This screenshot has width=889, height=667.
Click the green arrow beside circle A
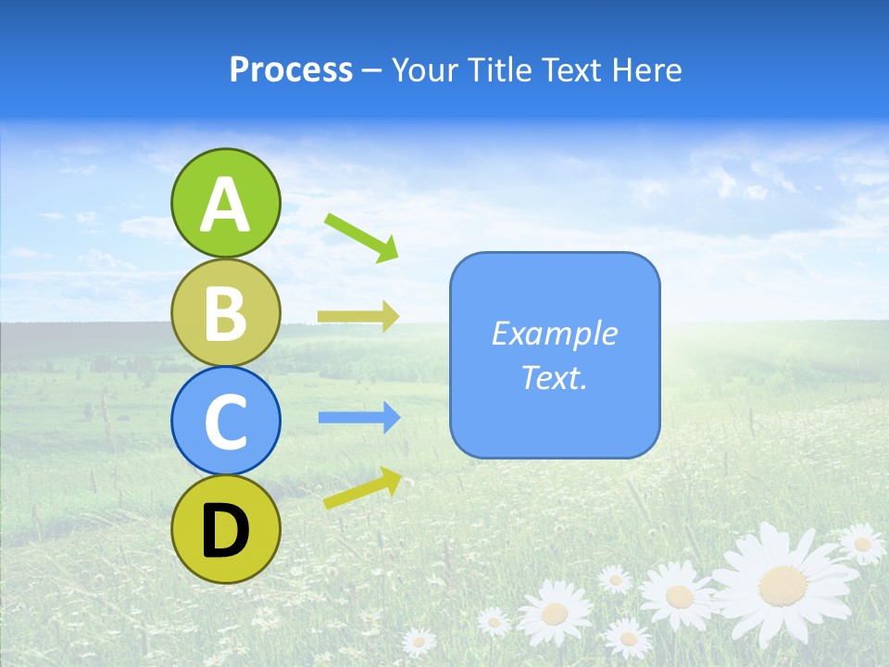point(362,235)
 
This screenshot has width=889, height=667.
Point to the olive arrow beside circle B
point(358,317)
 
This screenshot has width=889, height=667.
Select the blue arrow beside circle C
point(359,418)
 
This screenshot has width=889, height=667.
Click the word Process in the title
point(291,69)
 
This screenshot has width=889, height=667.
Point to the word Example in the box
point(555,333)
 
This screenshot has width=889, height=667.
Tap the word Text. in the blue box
point(555,377)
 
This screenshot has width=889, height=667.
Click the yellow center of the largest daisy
point(783,585)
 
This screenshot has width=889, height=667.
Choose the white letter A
point(226,204)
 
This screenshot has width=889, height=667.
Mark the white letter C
point(226,422)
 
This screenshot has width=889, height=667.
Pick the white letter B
point(226,313)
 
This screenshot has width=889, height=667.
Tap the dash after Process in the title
point(372,71)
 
